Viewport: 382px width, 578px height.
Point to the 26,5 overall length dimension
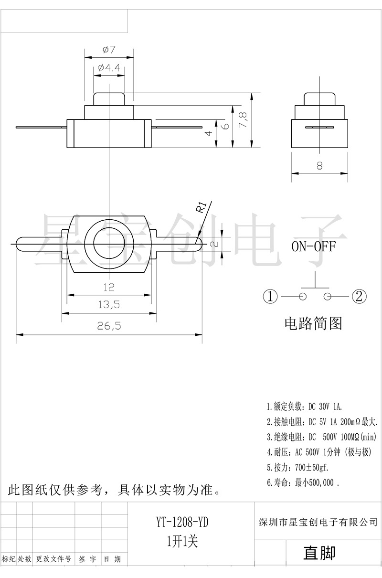tap(109, 326)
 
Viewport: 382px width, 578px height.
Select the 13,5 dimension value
tap(108, 304)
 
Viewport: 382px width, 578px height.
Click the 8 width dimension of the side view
tap(319, 165)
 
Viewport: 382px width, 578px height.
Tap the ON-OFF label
tap(314, 246)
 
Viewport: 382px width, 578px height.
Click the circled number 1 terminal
tap(270, 297)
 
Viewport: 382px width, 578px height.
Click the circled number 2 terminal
tap(359, 297)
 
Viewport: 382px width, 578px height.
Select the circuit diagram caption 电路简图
tap(313, 324)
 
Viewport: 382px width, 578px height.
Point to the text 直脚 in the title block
tap(319, 553)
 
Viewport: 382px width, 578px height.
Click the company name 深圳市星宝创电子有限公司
tap(317, 522)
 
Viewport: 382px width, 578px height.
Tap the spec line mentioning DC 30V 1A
tap(305, 407)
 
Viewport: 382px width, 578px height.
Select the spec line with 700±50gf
tap(297, 467)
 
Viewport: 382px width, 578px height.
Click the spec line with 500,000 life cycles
tap(303, 482)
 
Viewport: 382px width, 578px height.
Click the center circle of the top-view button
tap(109, 244)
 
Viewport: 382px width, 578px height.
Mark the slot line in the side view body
tap(319, 128)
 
